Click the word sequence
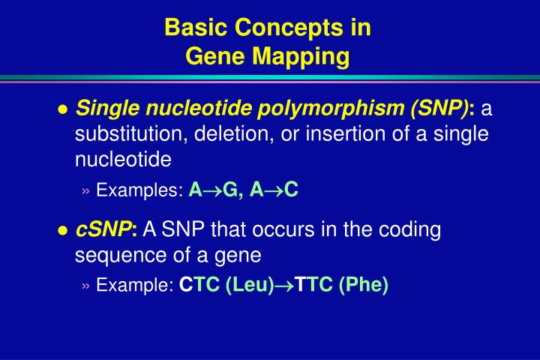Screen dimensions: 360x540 [x=112, y=256]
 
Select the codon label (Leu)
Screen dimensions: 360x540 [x=247, y=285]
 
